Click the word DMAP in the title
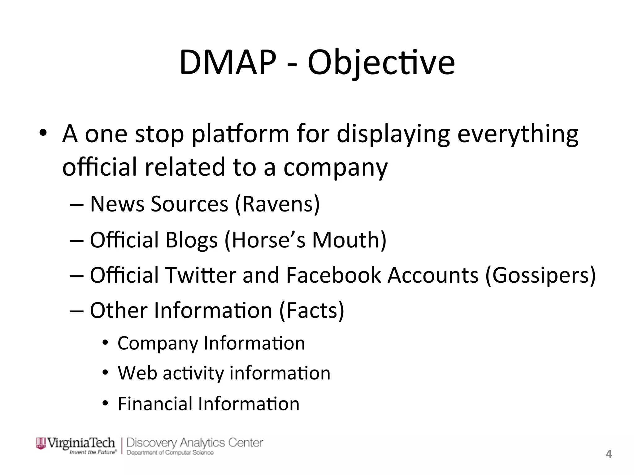pos(228,63)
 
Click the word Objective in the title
pos(381,63)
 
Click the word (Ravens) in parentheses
pos(277,204)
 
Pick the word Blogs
pos(192,240)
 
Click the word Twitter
pos(201,275)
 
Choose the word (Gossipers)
pos(540,275)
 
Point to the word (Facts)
pos(311,310)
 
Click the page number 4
pos(609,454)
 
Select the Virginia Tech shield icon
pos(41,443)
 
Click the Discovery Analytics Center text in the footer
pos(195,443)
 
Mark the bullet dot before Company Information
pos(106,343)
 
